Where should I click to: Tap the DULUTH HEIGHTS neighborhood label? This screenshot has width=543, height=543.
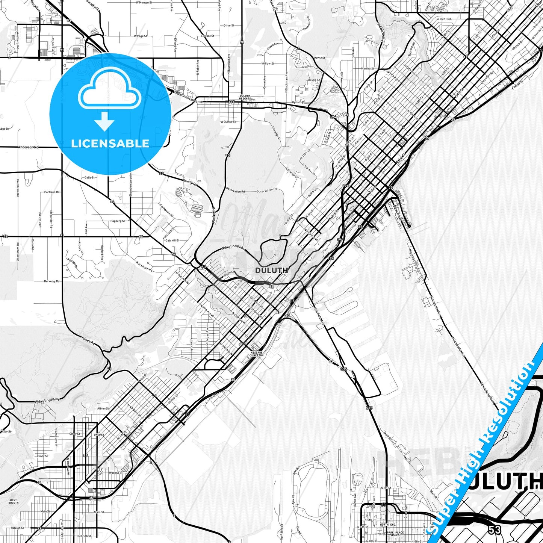(x=245, y=97)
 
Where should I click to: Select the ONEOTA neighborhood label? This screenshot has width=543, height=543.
(x=99, y=435)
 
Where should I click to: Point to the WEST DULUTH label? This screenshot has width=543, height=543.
(x=13, y=502)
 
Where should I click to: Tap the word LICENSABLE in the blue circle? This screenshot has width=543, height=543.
(x=110, y=144)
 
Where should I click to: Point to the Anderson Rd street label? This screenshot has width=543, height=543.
(x=28, y=147)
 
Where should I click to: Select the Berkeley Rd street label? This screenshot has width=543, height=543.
(x=52, y=281)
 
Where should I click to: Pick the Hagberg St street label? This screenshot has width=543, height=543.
(x=118, y=221)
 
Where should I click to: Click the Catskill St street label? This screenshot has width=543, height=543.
(x=172, y=240)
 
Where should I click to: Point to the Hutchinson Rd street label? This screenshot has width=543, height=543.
(x=144, y=266)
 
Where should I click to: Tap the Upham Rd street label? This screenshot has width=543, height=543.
(x=299, y=102)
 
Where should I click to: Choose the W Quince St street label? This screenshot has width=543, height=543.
(x=228, y=122)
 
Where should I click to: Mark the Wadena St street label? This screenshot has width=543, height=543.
(x=116, y=473)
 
